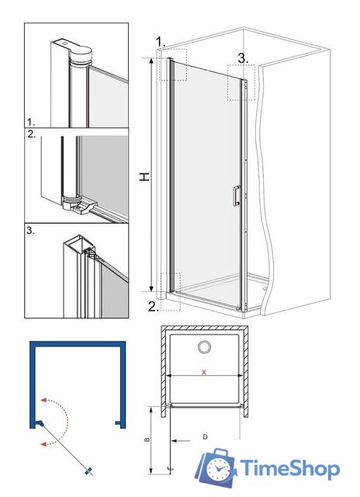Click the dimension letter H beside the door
pos(144,176)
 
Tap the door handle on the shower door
pos(237,196)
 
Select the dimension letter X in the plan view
pos(204,372)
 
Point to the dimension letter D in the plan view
pos(205,437)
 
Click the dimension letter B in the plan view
pos(147,440)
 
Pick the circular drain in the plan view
pos(204,347)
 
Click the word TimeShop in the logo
pos(289,468)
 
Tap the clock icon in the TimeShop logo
pos(218,469)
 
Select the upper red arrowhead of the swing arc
pos(44,400)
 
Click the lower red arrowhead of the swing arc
pos(44,444)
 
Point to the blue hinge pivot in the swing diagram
pos(40,423)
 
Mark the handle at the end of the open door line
pos(89,471)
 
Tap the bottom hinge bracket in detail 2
pos(76,205)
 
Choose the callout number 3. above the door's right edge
pos(243,58)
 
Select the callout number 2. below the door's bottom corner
pos(154,307)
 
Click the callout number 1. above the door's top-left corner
pos(161,41)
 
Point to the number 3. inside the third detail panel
pos(30,231)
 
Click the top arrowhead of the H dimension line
pos(151,61)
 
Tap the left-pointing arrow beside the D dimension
pos(181,440)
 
